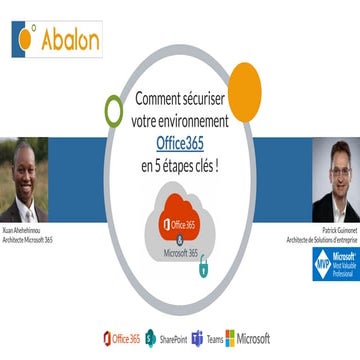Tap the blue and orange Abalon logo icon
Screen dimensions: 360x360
tap(27, 37)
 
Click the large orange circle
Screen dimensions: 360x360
tap(243, 91)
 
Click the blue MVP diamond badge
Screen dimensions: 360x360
tap(322, 264)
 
